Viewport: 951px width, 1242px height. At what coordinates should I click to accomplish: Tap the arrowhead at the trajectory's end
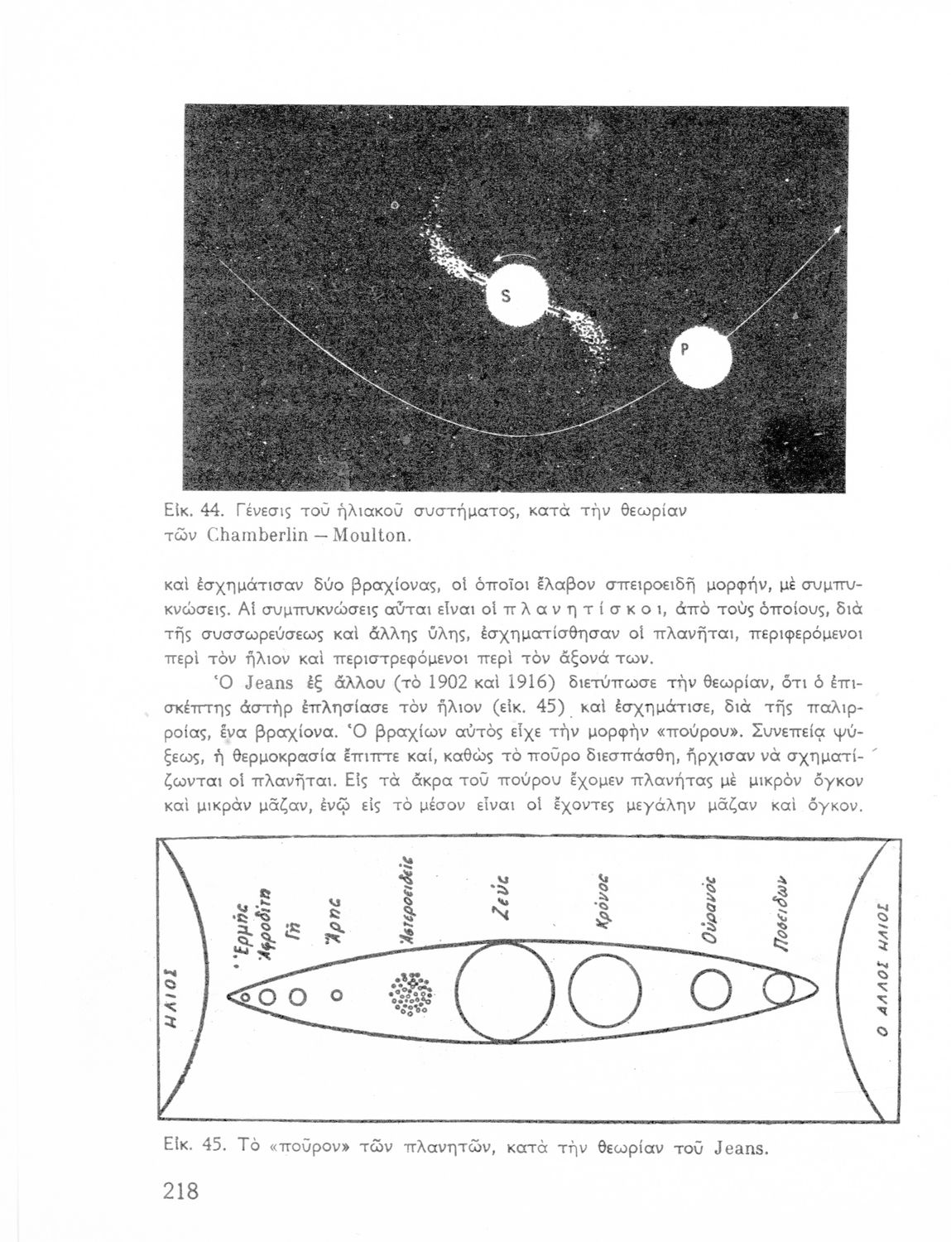pyautogui.click(x=837, y=238)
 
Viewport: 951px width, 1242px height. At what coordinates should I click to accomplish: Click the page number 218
pyautogui.click(x=180, y=1191)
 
